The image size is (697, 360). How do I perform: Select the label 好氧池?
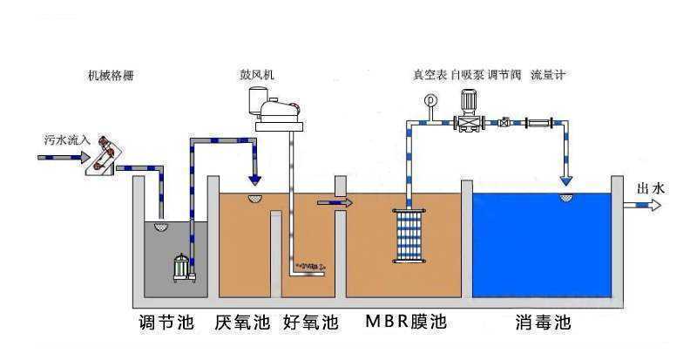click(310, 323)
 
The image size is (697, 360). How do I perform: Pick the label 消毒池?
click(540, 323)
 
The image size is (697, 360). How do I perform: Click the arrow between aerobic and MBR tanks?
click(335, 202)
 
